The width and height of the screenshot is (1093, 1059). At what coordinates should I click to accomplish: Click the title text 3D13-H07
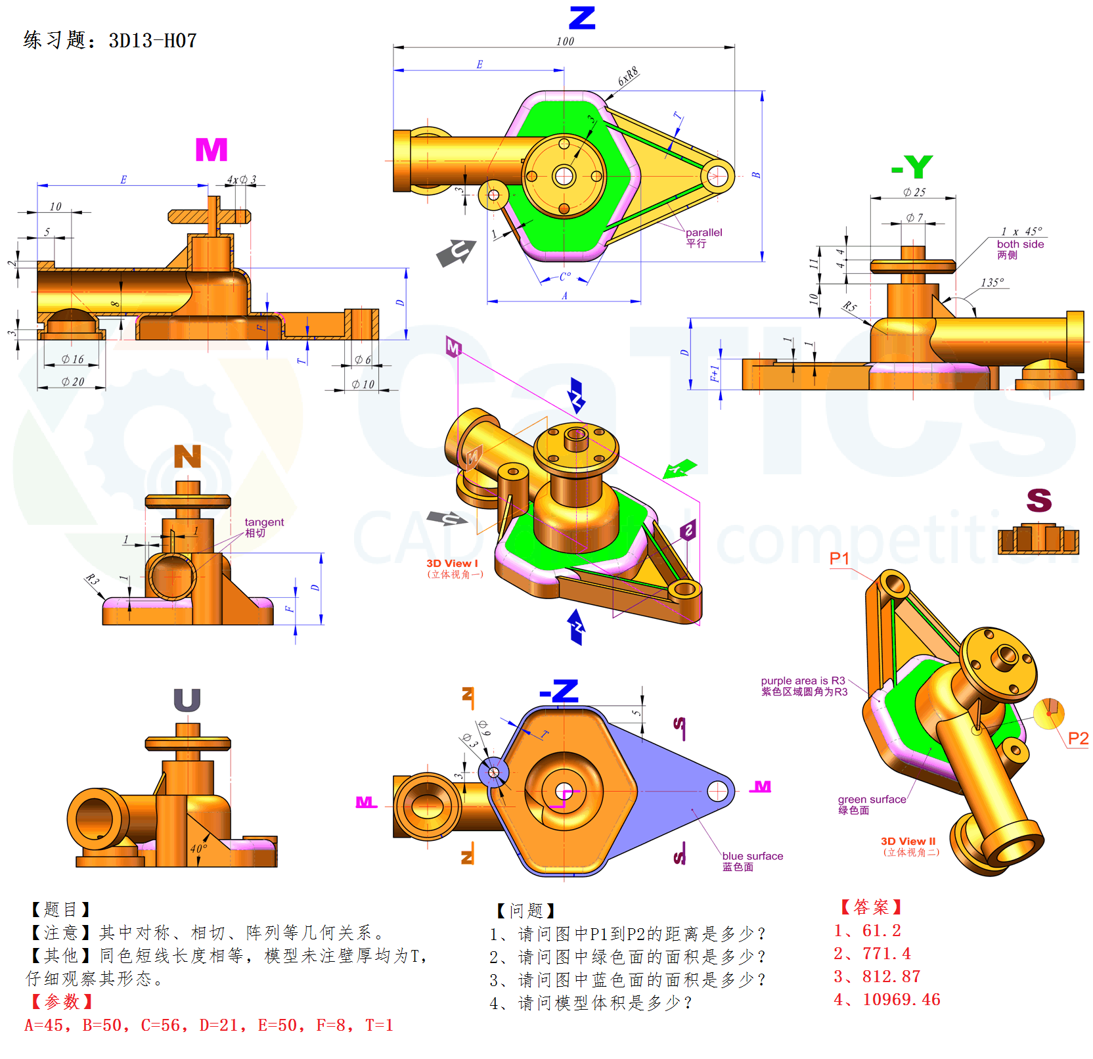(152, 41)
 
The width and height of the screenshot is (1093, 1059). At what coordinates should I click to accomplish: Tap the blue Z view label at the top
(582, 18)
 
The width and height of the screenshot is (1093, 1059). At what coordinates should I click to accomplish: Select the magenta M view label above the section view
(212, 150)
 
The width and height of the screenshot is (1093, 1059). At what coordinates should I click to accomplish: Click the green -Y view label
(912, 167)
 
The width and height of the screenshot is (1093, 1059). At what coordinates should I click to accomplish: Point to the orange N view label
(187, 457)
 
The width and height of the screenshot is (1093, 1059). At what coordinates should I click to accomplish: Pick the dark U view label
(187, 700)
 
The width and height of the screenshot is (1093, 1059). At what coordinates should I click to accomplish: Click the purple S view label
(1039, 501)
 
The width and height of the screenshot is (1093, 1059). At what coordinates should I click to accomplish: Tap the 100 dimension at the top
(565, 41)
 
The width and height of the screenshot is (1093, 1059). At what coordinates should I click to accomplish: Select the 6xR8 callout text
(628, 76)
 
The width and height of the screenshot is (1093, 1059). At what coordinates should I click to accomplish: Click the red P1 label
(839, 558)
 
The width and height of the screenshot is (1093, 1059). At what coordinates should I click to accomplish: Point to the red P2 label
(1078, 738)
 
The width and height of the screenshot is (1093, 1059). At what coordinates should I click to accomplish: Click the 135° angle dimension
(992, 282)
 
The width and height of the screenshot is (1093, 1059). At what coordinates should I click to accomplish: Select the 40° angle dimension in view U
(198, 849)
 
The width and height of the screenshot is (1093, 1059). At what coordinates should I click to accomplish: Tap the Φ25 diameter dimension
(914, 192)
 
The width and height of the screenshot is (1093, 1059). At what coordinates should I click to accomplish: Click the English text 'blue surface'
(752, 856)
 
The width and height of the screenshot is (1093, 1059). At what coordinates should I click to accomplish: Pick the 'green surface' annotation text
(872, 800)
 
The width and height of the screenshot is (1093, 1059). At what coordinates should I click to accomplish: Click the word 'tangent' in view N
(264, 522)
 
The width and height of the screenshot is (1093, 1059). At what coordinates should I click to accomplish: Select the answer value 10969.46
(901, 1000)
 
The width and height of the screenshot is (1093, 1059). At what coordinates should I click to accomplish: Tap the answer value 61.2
(881, 931)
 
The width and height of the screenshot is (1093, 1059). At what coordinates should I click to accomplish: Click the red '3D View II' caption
(908, 842)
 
